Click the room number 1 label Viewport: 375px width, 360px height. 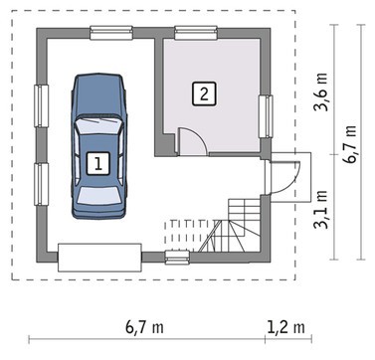(x=98, y=163)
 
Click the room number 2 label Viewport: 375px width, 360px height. (x=204, y=94)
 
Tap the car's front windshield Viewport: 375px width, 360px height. (x=98, y=125)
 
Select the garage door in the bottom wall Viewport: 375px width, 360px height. (x=99, y=258)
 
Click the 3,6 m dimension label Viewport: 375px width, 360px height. (x=322, y=91)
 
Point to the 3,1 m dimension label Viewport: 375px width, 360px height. (x=321, y=209)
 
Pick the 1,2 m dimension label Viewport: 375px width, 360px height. (x=285, y=327)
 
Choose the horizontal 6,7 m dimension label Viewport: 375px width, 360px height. (x=144, y=327)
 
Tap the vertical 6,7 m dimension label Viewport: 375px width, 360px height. (x=350, y=144)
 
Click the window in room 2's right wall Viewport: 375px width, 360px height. (x=266, y=116)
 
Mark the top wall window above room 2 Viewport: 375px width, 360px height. (x=196, y=33)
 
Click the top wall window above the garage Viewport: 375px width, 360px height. (x=111, y=33)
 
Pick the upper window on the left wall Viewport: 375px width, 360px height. (x=42, y=106)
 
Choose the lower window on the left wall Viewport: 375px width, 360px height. (x=42, y=184)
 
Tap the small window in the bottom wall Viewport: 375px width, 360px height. (x=177, y=258)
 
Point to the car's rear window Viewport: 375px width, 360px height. (x=98, y=196)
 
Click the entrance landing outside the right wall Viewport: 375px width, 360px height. (x=291, y=177)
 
